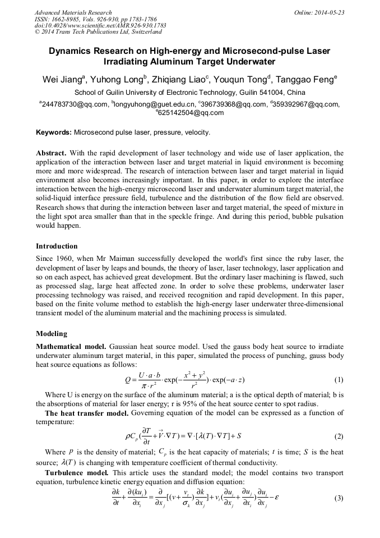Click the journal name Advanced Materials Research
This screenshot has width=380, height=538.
point(73,12)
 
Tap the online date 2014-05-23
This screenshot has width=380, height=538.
point(329,12)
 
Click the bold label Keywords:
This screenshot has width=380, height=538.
point(54,132)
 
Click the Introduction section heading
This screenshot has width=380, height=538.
point(57,246)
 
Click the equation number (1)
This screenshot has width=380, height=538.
point(339,380)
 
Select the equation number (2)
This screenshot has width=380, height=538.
point(339,436)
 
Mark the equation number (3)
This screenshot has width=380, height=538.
point(339,498)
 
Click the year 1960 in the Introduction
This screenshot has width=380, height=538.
point(66,259)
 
